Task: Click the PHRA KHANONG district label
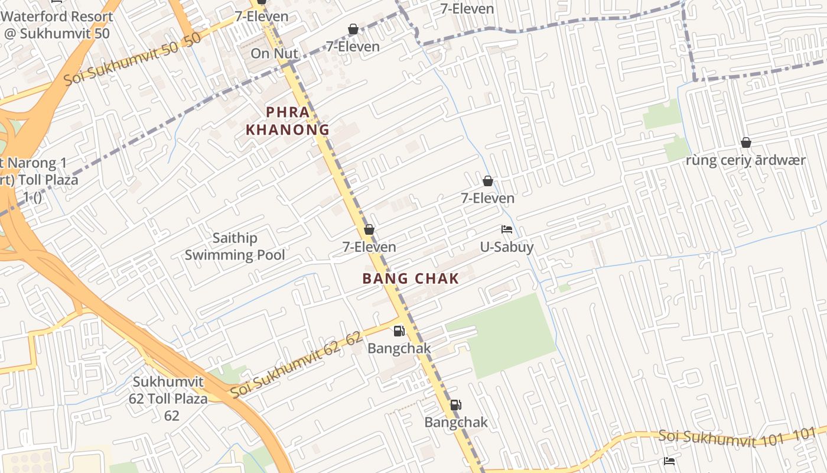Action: coord(288,121)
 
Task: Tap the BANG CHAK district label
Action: coord(411,278)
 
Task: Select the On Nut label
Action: coord(274,53)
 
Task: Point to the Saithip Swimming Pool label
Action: coord(235,247)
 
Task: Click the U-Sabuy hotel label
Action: coord(506,247)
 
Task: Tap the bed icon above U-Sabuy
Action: coord(506,229)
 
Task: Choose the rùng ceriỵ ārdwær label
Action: coord(745,160)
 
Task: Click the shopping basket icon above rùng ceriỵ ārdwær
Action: coord(745,142)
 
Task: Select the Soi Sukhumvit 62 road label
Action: coord(295,365)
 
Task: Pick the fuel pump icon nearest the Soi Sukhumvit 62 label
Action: coord(399,331)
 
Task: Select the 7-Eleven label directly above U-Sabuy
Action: coord(487,198)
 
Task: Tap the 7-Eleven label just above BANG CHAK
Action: coord(369,247)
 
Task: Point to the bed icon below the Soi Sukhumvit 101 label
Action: coord(669,461)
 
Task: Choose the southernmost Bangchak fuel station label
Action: coord(456,422)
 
